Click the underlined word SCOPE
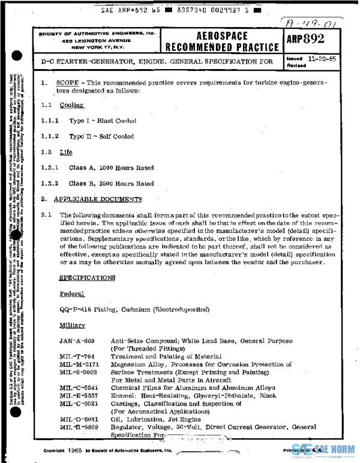click(x=67, y=82)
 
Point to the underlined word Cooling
click(x=71, y=105)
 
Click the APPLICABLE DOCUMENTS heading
click(x=98, y=199)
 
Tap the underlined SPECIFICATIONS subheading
click(x=87, y=278)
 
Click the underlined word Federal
click(x=72, y=294)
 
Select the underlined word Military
click(x=72, y=325)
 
